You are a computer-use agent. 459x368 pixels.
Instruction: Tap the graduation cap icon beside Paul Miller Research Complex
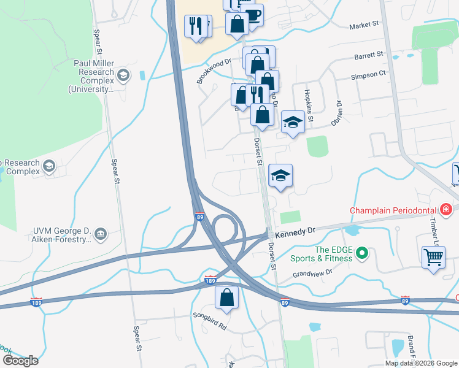click(x=123, y=75)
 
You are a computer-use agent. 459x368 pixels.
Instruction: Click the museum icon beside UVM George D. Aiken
click(x=101, y=232)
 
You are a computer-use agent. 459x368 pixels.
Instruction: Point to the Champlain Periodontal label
click(x=393, y=210)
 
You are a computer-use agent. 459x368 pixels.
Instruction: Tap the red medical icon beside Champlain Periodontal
click(x=445, y=210)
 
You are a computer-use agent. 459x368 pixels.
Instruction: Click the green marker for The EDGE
click(x=362, y=252)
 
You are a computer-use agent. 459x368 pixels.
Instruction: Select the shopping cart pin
click(x=433, y=256)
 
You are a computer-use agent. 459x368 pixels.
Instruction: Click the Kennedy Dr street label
click(x=295, y=232)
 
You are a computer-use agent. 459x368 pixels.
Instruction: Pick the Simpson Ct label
click(x=368, y=74)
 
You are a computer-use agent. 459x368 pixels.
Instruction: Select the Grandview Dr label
click(x=312, y=274)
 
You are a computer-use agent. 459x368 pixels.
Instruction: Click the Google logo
click(x=20, y=360)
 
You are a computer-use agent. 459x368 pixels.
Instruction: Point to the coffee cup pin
click(x=252, y=14)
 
